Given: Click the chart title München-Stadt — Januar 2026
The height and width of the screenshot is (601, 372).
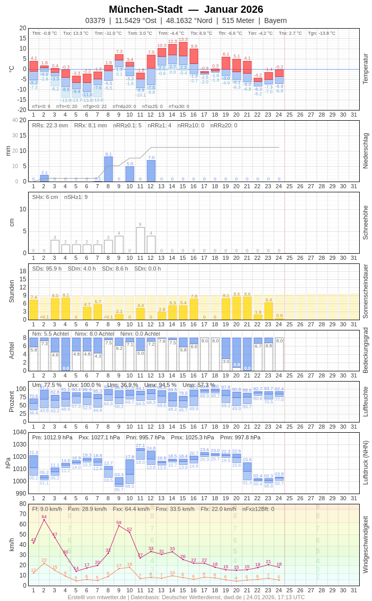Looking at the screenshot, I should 186,9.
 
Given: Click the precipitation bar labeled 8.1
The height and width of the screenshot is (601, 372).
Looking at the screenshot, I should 108,169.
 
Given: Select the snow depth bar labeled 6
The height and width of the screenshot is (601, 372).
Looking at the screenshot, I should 141,240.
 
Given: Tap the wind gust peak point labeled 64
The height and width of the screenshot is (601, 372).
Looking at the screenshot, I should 44,520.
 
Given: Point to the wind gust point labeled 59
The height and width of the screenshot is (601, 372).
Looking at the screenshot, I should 119,525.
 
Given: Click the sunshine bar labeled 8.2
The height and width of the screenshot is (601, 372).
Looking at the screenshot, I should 65,308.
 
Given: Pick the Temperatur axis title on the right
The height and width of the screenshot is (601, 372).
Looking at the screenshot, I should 365,69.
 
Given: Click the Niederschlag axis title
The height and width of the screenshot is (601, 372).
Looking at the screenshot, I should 365,151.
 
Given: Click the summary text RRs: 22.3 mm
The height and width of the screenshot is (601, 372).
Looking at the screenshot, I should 50,125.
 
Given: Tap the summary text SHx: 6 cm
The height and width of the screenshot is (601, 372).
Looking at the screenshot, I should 45,197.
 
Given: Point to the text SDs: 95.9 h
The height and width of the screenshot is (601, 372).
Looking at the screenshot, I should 47,269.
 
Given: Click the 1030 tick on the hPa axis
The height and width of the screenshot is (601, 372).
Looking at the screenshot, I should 19,444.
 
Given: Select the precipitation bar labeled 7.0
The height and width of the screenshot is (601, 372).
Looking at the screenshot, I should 151,171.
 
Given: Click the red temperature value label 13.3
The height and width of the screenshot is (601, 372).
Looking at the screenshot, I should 183,39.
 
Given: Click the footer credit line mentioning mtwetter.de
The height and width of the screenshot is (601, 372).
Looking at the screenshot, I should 186,597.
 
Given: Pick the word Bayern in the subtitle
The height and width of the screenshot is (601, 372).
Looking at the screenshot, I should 275,20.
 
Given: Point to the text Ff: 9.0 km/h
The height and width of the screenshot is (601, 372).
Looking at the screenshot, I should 47,509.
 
